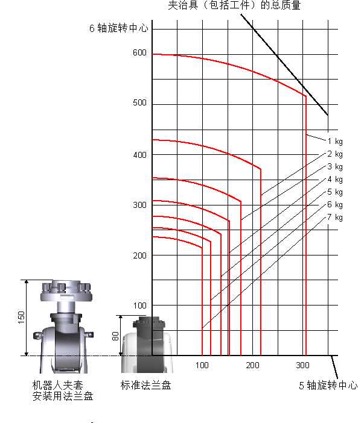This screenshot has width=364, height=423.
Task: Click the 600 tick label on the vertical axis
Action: (139, 52)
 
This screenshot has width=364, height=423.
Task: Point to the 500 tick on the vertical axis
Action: (139, 103)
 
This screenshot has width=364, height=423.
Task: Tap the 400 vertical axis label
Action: (139, 155)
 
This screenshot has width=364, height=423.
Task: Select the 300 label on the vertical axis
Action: (139, 205)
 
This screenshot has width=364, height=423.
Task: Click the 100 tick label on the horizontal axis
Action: (202, 365)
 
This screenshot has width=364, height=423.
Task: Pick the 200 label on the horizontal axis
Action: (252, 365)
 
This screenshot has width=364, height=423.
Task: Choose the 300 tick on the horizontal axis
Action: (302, 365)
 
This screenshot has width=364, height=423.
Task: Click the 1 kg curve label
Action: (335, 142)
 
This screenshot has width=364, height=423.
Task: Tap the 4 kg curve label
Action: (335, 180)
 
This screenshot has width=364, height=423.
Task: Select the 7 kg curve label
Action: (335, 218)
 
